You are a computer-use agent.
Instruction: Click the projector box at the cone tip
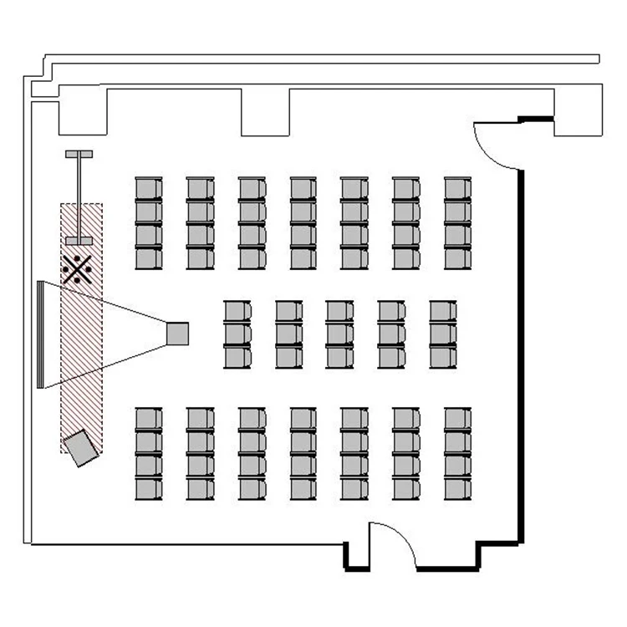coord(178,334)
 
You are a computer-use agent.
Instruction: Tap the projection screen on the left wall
coord(39,334)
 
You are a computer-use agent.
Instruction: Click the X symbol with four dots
coord(77,268)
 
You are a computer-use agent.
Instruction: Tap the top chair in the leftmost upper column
coord(148,188)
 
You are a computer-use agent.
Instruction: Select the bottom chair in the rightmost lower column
coord(457,488)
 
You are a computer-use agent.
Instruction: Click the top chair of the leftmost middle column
coord(237,312)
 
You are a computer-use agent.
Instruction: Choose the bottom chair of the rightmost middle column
coord(443,358)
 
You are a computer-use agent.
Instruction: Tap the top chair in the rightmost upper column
coord(457,188)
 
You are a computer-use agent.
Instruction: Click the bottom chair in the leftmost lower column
coord(148,488)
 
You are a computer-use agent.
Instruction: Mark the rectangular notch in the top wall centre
coord(265,110)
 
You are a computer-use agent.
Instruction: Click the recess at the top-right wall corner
coord(577,110)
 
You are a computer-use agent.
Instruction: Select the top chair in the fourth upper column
coord(303,188)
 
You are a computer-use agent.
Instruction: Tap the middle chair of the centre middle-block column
coord(339,334)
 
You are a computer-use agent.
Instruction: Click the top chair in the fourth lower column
coord(303,419)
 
